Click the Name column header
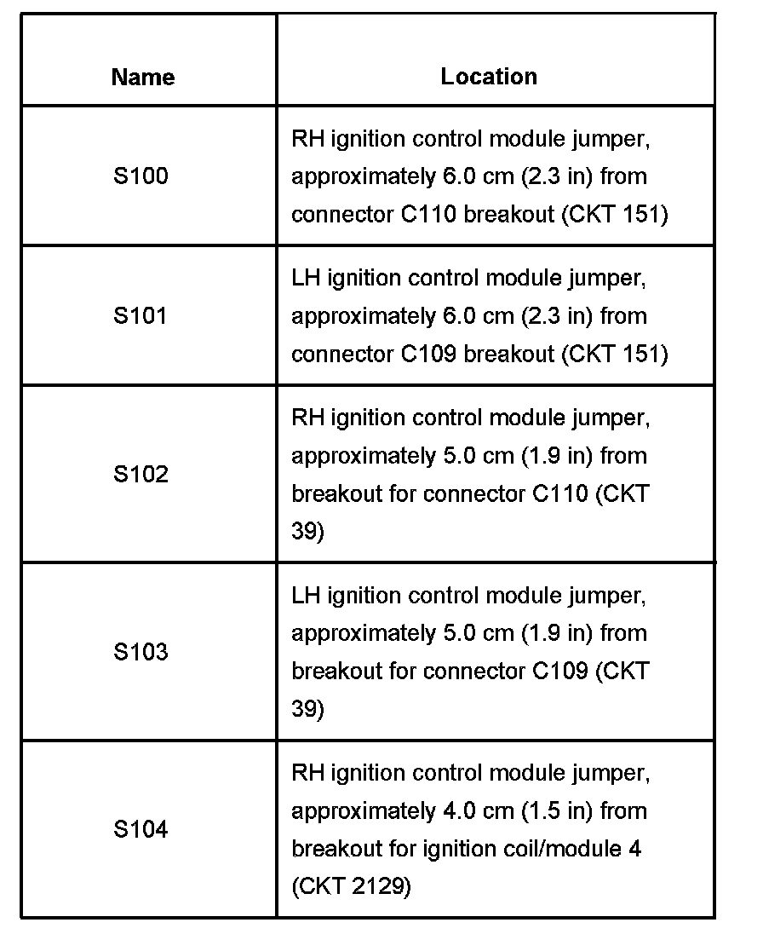tap(142, 78)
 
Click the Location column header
tap(489, 77)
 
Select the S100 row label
tap(141, 176)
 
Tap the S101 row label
tap(141, 316)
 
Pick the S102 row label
tap(141, 474)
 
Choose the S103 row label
tap(141, 652)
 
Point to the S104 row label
tap(141, 829)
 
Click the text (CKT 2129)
tap(351, 887)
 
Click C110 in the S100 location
tap(428, 214)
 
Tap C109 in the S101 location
tap(428, 354)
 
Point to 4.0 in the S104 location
tap(451, 810)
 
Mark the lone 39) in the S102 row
tap(307, 532)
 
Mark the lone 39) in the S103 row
tap(307, 709)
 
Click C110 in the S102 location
tap(560, 493)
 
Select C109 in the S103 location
tap(560, 672)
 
